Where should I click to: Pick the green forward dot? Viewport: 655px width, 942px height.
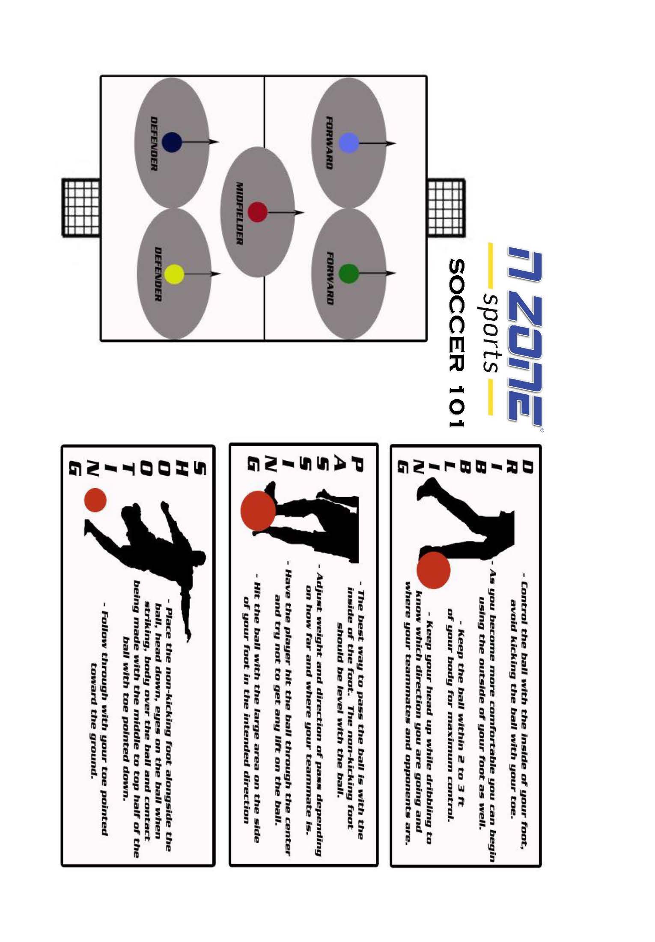[348, 273]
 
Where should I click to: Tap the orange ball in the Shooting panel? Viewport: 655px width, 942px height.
[95, 500]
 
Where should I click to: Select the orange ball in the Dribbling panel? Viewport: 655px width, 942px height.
[434, 569]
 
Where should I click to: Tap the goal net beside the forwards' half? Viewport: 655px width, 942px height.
[446, 207]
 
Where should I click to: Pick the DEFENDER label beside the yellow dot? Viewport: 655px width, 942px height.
[158, 274]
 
